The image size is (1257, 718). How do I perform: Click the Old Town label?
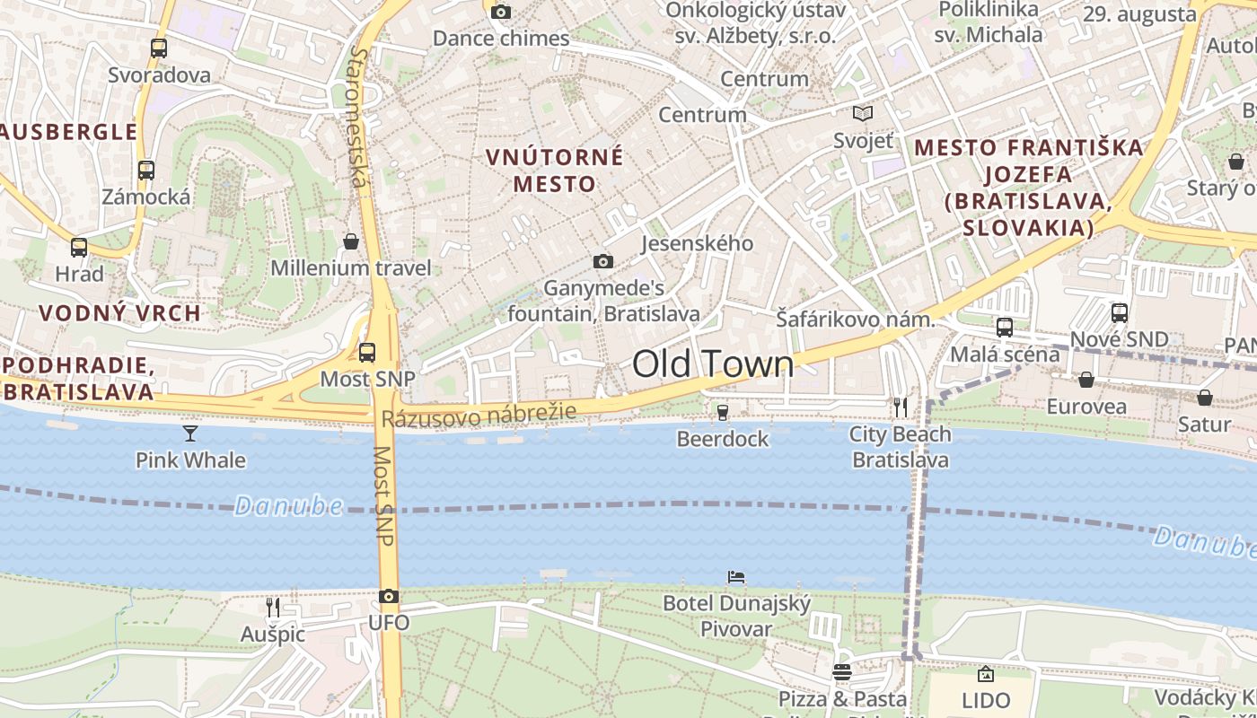click(x=713, y=364)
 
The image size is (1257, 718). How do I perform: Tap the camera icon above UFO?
click(x=389, y=597)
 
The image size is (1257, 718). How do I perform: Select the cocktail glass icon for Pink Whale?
click(x=190, y=433)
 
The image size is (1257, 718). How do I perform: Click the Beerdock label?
click(x=723, y=439)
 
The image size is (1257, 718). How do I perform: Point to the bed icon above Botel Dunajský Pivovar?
click(x=736, y=576)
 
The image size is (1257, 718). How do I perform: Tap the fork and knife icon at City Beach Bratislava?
click(x=900, y=408)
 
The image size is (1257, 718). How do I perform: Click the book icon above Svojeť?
click(x=863, y=114)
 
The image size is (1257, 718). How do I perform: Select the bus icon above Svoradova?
click(x=159, y=48)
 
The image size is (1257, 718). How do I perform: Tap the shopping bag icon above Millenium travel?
click(x=351, y=241)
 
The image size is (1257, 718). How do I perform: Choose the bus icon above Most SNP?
click(x=367, y=353)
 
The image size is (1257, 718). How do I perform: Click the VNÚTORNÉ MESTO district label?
click(x=554, y=171)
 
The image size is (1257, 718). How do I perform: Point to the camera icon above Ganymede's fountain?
click(x=603, y=261)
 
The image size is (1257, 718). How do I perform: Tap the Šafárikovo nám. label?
click(x=856, y=320)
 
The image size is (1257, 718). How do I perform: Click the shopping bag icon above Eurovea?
click(x=1086, y=380)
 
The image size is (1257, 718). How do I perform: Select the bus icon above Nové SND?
click(x=1120, y=313)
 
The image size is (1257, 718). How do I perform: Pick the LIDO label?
click(x=986, y=700)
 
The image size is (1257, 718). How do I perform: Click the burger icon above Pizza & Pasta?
click(x=842, y=671)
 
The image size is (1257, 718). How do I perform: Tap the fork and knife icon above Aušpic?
click(x=273, y=608)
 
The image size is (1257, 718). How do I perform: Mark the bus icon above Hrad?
click(x=79, y=248)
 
